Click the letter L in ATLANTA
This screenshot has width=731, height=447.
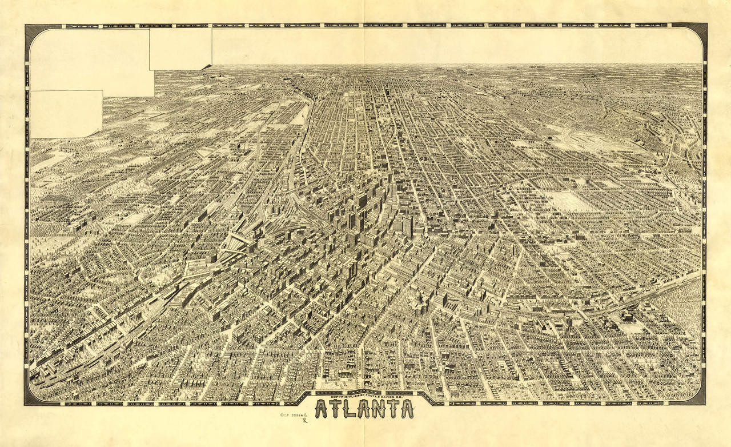coord(348,409)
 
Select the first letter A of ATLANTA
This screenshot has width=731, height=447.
coord(321,409)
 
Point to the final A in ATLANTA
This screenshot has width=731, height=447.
coord(406,409)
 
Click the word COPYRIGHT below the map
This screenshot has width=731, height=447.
coord(342,396)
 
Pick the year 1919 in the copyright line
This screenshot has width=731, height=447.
coord(357,396)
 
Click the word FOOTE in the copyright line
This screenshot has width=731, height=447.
coord(371,396)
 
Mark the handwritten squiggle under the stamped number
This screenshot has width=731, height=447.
coord(304,421)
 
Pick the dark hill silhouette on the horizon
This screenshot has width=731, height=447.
coord(207,67)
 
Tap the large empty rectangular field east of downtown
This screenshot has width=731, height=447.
coord(568,201)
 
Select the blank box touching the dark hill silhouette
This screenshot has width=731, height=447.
coord(180,49)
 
